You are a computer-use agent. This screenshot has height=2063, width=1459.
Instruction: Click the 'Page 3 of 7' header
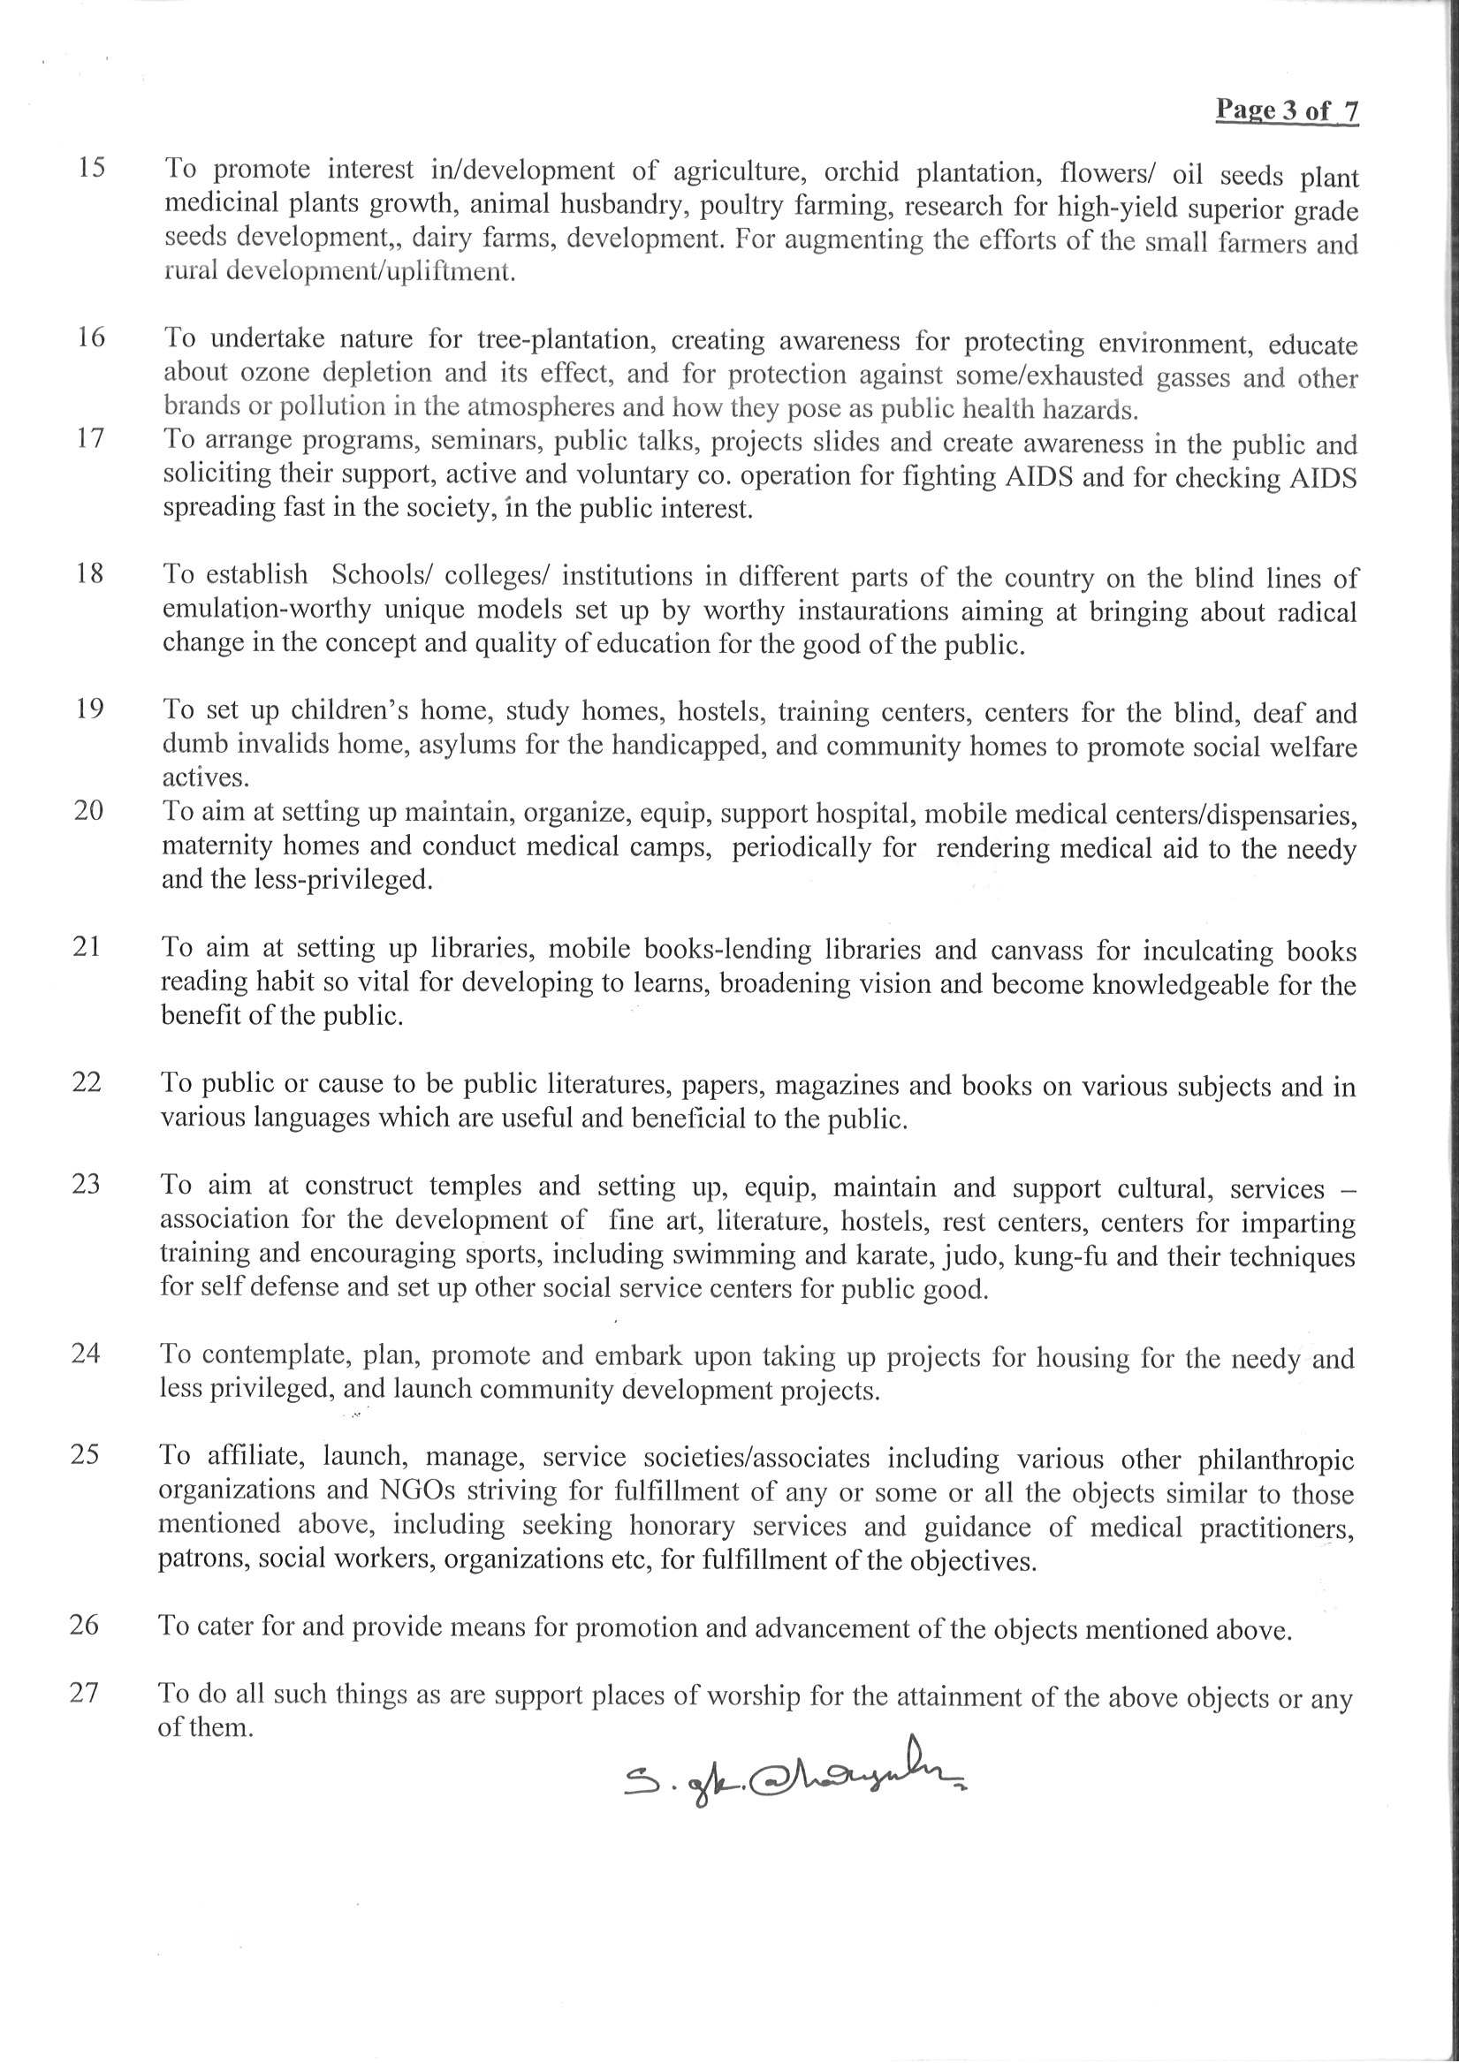point(1287,110)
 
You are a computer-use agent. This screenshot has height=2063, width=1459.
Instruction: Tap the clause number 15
point(91,168)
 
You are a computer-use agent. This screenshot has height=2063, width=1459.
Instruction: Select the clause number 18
point(89,573)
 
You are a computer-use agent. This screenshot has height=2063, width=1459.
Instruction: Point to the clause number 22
point(87,1081)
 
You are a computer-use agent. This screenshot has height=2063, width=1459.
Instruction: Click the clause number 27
point(84,1693)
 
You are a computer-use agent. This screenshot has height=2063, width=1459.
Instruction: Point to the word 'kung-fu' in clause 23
point(1061,1256)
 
